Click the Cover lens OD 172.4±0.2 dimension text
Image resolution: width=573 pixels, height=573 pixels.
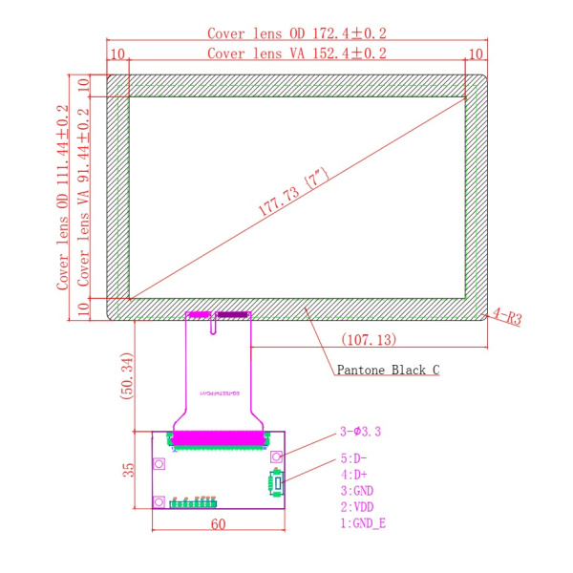tap(297, 33)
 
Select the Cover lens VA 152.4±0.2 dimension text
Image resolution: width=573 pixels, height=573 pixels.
tap(297, 53)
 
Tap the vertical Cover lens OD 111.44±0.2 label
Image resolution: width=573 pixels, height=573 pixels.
tap(63, 197)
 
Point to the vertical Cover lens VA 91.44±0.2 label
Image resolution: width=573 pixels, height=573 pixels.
tap(84, 197)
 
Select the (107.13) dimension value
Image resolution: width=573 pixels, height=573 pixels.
tap(368, 339)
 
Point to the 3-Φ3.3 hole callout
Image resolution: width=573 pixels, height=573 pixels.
tap(361, 432)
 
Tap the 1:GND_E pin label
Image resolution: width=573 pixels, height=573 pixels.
tap(364, 523)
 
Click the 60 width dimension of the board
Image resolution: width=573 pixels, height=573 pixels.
tap(219, 523)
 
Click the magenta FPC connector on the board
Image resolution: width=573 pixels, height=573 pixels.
tap(219, 439)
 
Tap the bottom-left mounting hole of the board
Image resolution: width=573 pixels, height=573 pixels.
tap(159, 500)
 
